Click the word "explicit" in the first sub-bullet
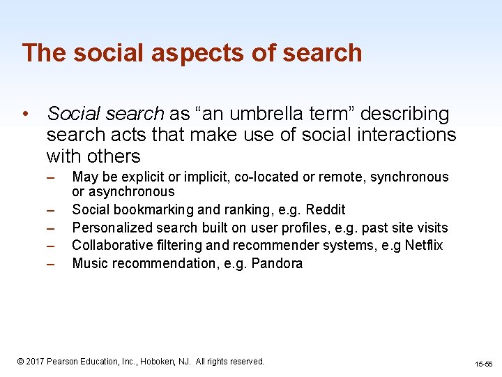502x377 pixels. (140, 177)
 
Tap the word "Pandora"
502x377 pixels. (277, 263)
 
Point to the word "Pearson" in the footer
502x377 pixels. (65, 362)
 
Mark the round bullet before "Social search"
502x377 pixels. (24, 114)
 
